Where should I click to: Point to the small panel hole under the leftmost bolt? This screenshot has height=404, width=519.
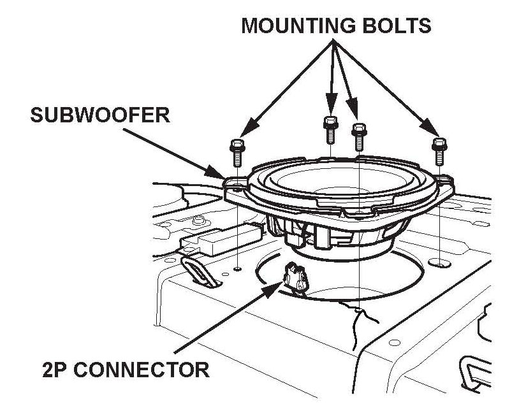pyautogui.click(x=237, y=268)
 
